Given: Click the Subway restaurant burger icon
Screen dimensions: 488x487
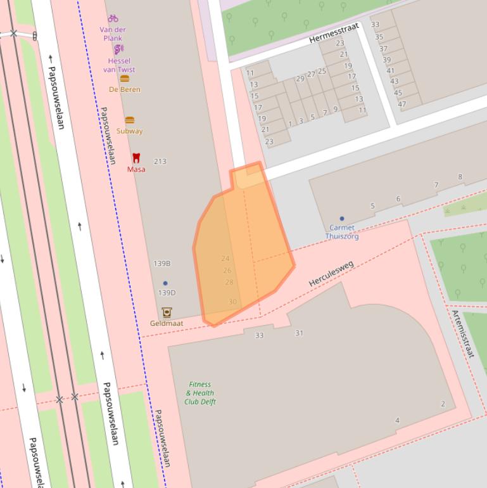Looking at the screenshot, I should (x=129, y=120).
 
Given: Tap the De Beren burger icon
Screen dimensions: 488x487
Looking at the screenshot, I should (x=125, y=79).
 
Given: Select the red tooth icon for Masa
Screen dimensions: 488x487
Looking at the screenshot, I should (x=136, y=158).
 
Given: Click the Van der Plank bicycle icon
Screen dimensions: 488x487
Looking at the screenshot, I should (x=113, y=18).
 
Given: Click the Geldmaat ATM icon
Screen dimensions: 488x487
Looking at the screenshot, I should (x=167, y=312).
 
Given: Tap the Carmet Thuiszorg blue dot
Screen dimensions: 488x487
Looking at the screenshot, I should (x=342, y=219).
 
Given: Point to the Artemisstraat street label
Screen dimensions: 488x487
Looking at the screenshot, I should (x=464, y=334).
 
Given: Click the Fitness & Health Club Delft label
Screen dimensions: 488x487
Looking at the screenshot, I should (x=199, y=393).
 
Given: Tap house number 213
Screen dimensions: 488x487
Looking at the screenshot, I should (x=160, y=162).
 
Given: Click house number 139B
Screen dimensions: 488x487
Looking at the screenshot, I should (x=162, y=263).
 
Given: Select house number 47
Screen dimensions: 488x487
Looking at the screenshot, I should (x=402, y=104).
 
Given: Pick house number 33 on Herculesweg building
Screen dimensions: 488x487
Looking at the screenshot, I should (x=259, y=335).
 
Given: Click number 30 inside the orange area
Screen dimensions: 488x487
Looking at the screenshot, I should (x=232, y=302).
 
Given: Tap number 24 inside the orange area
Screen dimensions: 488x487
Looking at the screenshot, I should (x=225, y=259).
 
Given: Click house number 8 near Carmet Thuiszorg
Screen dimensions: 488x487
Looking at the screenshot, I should (x=460, y=177).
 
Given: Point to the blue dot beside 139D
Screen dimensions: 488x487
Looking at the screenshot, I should (x=165, y=283).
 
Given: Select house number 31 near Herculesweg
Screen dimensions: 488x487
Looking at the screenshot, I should (x=299, y=333).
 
